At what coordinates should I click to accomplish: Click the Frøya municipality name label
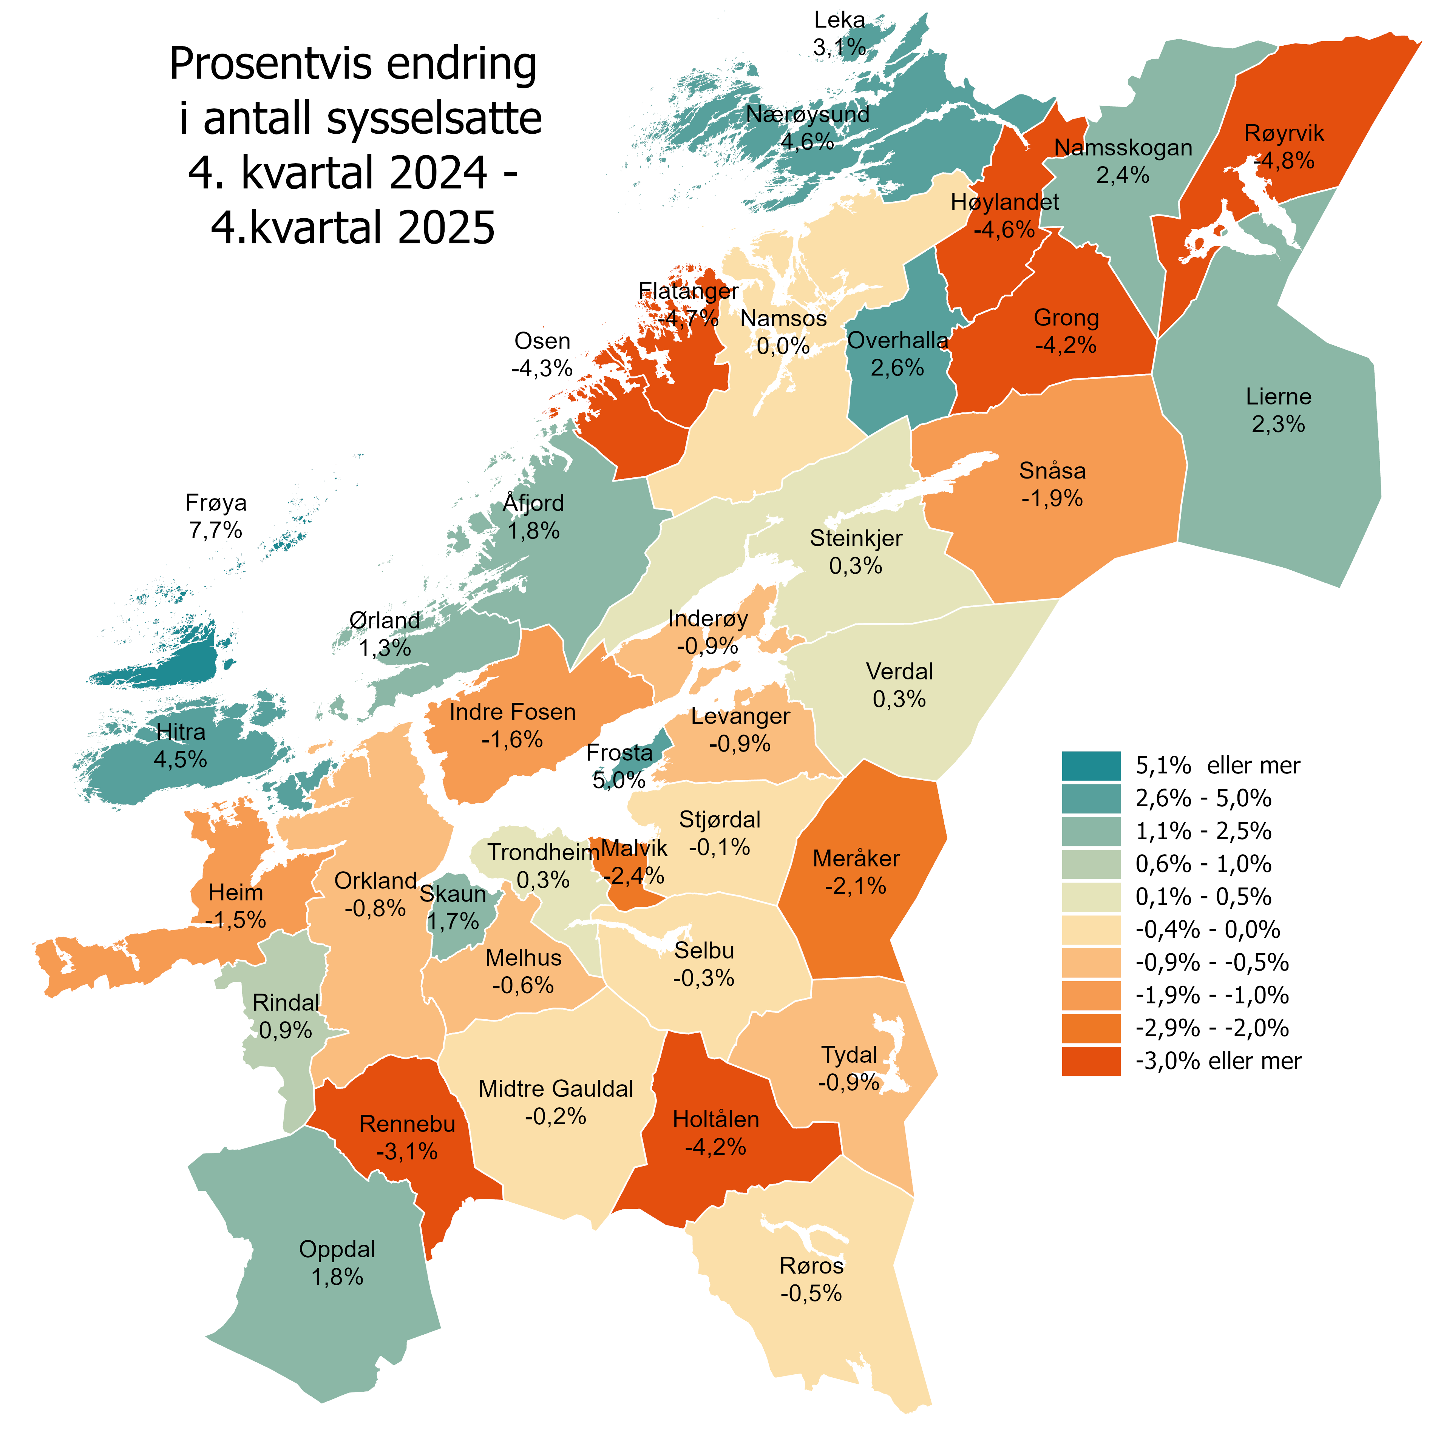[216, 503]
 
